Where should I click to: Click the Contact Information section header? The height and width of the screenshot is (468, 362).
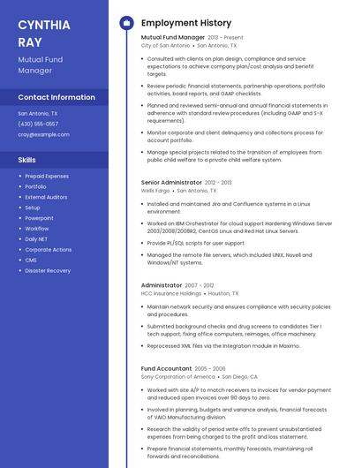57,97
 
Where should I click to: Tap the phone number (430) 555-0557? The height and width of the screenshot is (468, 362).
38,124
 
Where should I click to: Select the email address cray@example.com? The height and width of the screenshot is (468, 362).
43,134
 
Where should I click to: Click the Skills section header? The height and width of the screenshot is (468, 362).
26,160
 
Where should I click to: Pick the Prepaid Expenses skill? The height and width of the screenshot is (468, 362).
47,177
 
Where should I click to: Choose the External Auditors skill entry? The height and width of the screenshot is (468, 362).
46,197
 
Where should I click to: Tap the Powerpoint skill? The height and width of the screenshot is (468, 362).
39,218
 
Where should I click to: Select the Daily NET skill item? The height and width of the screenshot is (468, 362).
37,239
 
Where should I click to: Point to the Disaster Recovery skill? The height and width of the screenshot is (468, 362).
48,270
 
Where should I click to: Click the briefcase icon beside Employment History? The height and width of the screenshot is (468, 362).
126,23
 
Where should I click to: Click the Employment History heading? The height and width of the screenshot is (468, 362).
186,23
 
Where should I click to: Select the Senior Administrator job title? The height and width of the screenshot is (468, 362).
171,182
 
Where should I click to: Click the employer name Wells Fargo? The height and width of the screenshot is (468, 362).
155,190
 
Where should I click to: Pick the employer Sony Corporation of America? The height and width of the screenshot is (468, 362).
177,376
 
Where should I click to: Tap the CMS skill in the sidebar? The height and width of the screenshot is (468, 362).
31,260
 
